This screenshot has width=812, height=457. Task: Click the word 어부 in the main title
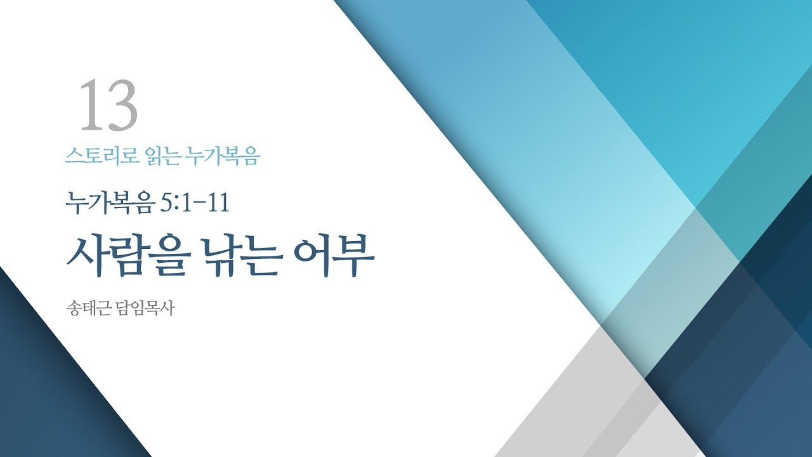[334, 257]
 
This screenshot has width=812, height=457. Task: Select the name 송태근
[89, 310]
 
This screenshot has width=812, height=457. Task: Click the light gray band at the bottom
[571, 406]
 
